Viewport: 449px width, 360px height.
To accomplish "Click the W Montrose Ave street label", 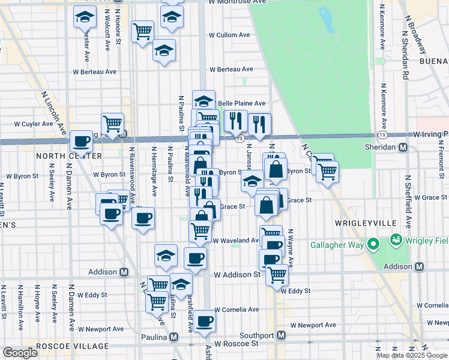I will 237,2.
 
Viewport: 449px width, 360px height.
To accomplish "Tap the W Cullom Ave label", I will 229,35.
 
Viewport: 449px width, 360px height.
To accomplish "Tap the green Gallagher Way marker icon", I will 373,244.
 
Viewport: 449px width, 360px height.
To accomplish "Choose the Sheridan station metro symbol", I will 403,147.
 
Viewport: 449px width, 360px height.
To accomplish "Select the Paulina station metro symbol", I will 174,338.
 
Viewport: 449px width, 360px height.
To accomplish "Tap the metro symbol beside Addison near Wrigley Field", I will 420,266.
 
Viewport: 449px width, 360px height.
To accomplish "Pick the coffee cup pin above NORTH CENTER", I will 81,142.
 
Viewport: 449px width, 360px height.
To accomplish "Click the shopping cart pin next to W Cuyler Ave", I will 112,124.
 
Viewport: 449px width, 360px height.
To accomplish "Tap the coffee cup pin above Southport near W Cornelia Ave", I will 204,321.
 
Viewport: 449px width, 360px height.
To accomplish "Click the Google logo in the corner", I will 20,353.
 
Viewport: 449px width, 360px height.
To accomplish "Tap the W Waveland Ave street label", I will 237,240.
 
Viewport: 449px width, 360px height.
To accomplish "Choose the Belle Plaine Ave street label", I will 241,103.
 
